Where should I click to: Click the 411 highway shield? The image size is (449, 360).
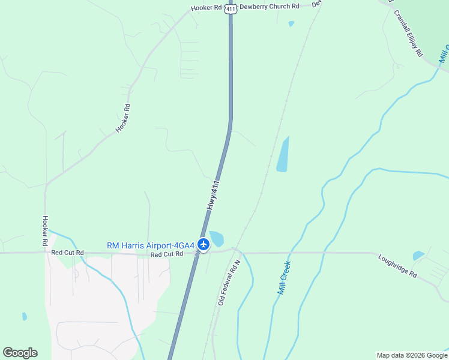coord(231,8)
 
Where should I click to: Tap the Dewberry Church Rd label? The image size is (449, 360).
coord(269,7)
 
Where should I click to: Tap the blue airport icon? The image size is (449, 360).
coord(203,244)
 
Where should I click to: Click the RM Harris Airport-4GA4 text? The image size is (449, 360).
coord(151,245)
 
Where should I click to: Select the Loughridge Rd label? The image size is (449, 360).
coord(397,265)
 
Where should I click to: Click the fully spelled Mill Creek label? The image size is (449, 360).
coord(284,277)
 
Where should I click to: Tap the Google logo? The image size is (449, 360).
coord(20,353)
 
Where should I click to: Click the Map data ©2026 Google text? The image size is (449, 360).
coord(412,355)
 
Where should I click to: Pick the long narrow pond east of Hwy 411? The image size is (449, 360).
coord(283,155)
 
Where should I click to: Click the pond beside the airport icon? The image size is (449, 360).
coord(215,238)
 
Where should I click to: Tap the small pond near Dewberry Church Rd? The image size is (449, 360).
coord(291,24)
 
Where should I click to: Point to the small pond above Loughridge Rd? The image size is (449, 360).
coord(418,256)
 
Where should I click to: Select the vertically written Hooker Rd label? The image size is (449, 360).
coord(45,231)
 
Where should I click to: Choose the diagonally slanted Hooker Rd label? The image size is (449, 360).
coord(122,118)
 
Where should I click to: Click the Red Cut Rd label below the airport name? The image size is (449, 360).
coord(166,254)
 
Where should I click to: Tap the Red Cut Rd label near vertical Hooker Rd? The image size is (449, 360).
coord(66,253)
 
